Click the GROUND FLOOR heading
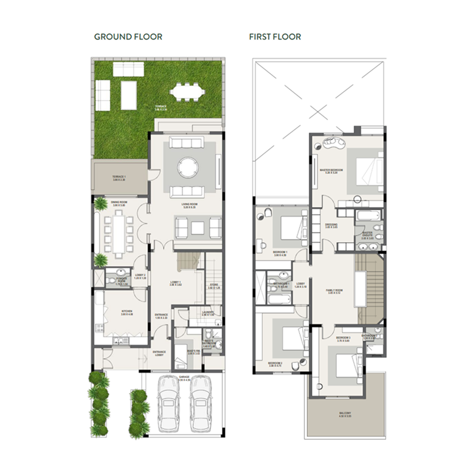pyautogui.click(x=128, y=37)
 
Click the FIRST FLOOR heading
pyautogui.click(x=275, y=37)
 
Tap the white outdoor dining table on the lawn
pyautogui.click(x=187, y=92)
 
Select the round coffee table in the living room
pyautogui.click(x=186, y=166)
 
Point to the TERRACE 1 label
pyautogui.click(x=120, y=177)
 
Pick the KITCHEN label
pyautogui.click(x=126, y=311)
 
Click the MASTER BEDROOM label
pyautogui.click(x=331, y=171)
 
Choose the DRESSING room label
pyautogui.click(x=331, y=225)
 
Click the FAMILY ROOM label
pyautogui.click(x=334, y=291)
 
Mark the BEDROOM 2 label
pyautogui.click(x=276, y=363)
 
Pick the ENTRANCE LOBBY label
pyautogui.click(x=160, y=353)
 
